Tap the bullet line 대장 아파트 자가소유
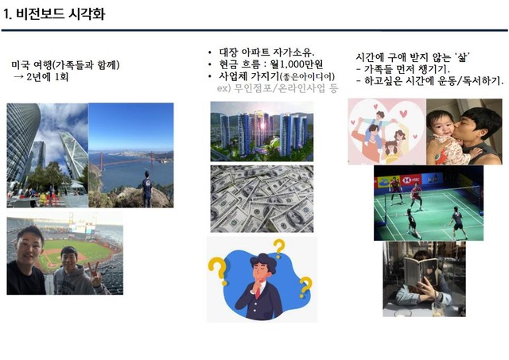(266, 52)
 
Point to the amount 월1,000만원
(297, 64)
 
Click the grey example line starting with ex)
(278, 88)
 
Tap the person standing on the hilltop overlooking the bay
(147, 189)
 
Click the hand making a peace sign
(95, 275)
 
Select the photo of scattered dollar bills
(262, 199)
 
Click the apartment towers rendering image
(262, 131)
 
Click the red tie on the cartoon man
(258, 292)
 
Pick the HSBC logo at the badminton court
(411, 180)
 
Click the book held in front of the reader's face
(421, 271)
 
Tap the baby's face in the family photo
(441, 125)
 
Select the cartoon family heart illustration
(387, 131)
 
